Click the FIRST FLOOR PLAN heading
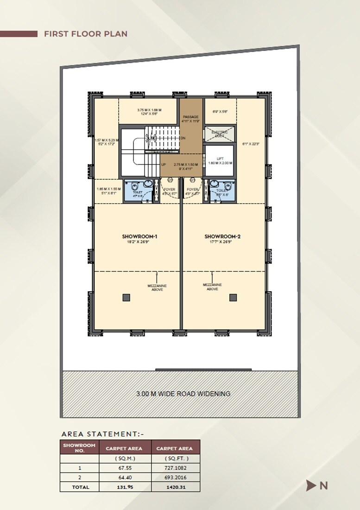coord(85,34)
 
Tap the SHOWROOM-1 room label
coord(137,236)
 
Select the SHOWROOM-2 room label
coord(222,236)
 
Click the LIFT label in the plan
coord(220,159)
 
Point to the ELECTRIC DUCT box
coord(220,134)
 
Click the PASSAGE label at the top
coord(190,117)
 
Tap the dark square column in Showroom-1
coord(126,298)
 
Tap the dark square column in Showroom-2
coord(233,298)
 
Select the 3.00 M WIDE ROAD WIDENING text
coord(183,394)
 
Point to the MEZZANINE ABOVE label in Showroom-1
coord(157,287)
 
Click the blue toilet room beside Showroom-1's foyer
coord(139,190)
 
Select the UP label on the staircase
coord(164,165)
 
